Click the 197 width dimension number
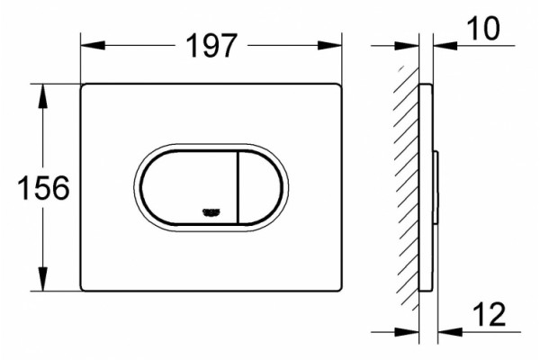(x=211, y=46)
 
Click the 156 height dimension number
(x=43, y=188)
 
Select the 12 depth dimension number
(x=490, y=314)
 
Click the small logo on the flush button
(x=211, y=213)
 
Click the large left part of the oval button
(x=189, y=188)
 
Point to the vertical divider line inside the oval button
(x=238, y=188)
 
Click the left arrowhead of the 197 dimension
(x=93, y=46)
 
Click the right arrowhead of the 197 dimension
(x=329, y=46)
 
